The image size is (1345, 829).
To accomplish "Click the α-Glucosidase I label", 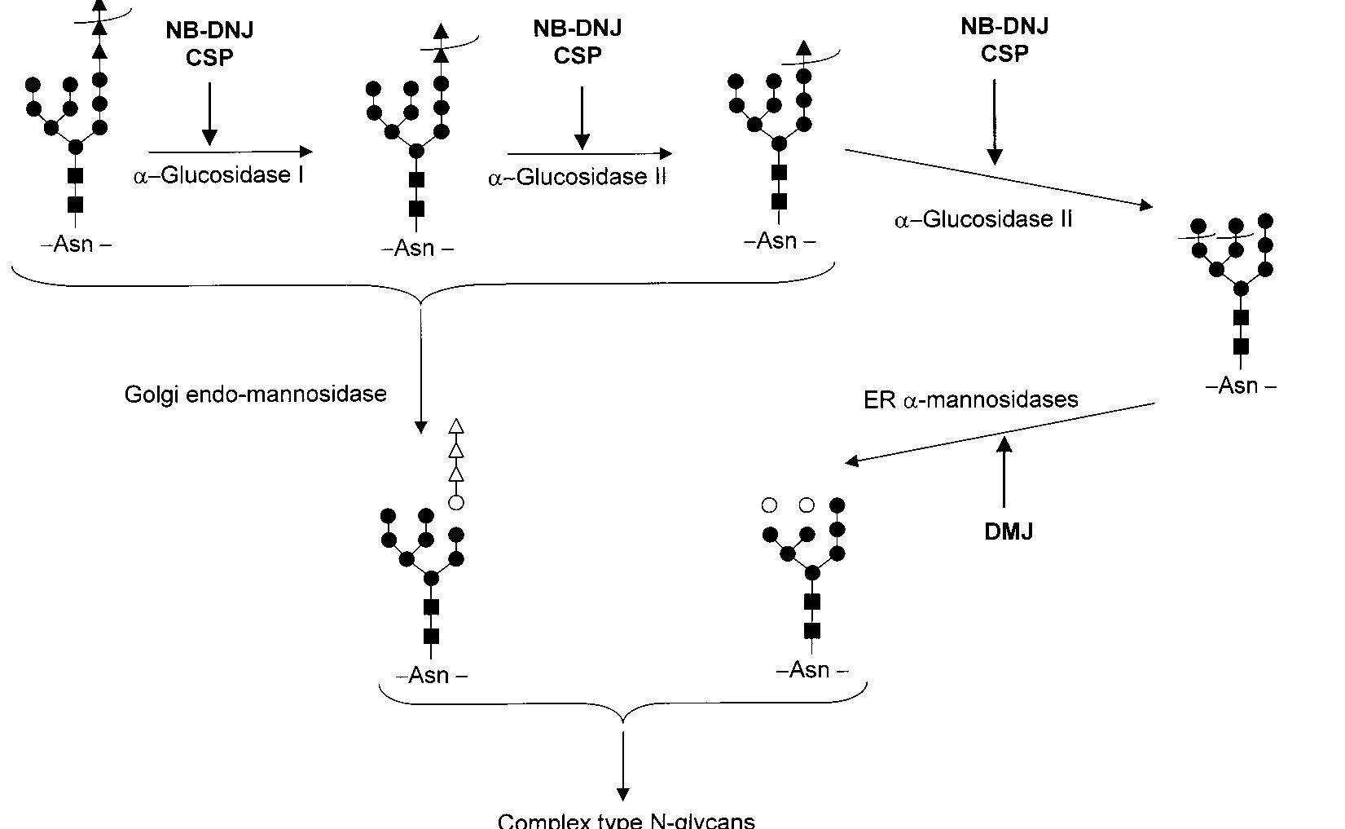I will (x=218, y=175).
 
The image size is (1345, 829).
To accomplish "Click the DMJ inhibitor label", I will (x=1008, y=531).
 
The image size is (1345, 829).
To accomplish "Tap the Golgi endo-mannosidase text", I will (x=255, y=395).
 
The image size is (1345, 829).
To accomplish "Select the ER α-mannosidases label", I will (x=970, y=399).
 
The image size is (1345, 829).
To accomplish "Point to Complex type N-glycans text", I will (x=626, y=820).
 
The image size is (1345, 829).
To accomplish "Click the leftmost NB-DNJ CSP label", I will (x=209, y=43).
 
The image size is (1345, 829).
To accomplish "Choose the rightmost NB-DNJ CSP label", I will (x=1004, y=39).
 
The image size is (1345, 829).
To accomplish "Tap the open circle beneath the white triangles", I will (x=456, y=503).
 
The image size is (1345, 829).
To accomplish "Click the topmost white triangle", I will (x=456, y=426).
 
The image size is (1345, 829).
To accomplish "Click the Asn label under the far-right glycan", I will (x=1240, y=386).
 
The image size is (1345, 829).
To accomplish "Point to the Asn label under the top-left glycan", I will (x=75, y=244).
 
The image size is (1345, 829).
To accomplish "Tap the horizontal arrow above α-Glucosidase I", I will (x=230, y=152).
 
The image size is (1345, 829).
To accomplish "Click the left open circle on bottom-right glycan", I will (x=769, y=505).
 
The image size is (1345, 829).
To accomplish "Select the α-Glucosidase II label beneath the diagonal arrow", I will (x=982, y=219).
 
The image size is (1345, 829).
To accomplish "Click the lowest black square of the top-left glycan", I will (x=75, y=204).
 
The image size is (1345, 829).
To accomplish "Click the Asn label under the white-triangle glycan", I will (x=431, y=675).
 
